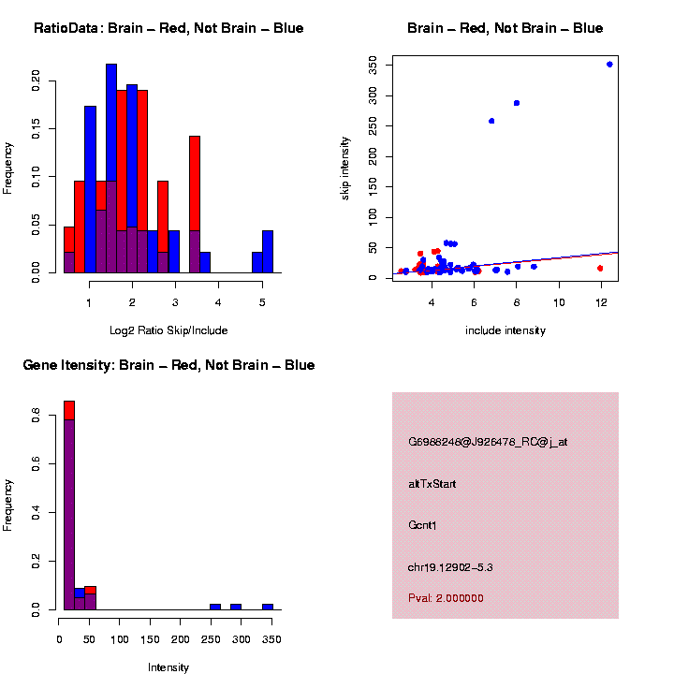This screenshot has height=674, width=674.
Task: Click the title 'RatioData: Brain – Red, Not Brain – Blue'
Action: tap(168, 28)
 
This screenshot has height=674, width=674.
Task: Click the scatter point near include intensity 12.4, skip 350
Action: tap(609, 64)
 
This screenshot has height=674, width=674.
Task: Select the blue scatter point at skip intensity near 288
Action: tap(517, 103)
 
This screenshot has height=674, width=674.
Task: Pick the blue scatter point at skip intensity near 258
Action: tap(491, 121)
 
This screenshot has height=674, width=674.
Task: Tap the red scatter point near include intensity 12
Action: tap(599, 268)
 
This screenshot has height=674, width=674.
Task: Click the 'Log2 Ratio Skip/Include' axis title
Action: tap(168, 330)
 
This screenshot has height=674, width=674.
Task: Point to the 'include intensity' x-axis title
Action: tap(505, 330)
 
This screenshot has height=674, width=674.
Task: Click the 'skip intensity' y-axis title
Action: tap(345, 168)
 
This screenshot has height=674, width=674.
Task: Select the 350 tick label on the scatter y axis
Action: tap(373, 64)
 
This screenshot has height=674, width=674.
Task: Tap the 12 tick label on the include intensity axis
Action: tap(601, 301)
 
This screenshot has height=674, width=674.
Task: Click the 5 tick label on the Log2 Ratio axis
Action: tap(262, 301)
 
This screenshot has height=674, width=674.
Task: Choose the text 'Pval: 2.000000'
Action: tap(447, 598)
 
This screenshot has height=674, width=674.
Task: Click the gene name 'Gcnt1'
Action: tap(423, 525)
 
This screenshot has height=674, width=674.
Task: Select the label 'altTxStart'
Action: tap(432, 484)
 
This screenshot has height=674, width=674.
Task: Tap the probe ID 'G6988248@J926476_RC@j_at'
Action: tap(488, 442)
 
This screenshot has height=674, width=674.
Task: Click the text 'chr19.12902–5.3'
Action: tap(450, 567)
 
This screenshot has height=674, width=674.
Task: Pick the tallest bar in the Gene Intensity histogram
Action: tap(68, 505)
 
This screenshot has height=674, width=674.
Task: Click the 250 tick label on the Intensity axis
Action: tap(241, 640)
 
